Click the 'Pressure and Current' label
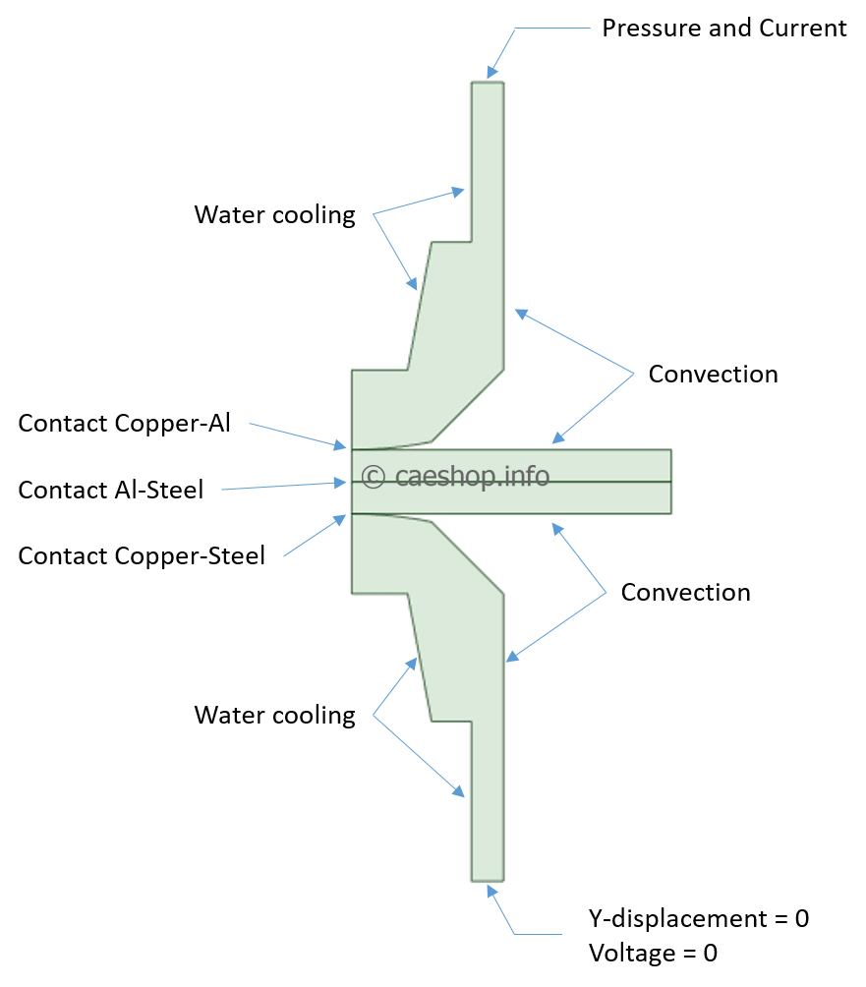click(x=723, y=28)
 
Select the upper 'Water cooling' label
click(x=274, y=215)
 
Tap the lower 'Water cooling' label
click(x=274, y=715)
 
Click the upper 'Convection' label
click(x=713, y=375)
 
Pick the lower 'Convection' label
click(x=685, y=593)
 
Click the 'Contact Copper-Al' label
click(x=124, y=424)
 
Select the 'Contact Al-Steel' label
click(x=110, y=490)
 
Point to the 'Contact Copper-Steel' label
click(x=142, y=556)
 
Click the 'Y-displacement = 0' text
click(x=698, y=919)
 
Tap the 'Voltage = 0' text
click(x=653, y=953)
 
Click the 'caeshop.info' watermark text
click(x=472, y=476)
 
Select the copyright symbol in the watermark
click(x=373, y=477)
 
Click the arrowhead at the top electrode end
click(x=491, y=73)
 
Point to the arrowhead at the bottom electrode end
click(x=491, y=890)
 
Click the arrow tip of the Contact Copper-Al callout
click(x=347, y=447)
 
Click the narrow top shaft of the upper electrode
click(x=488, y=157)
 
